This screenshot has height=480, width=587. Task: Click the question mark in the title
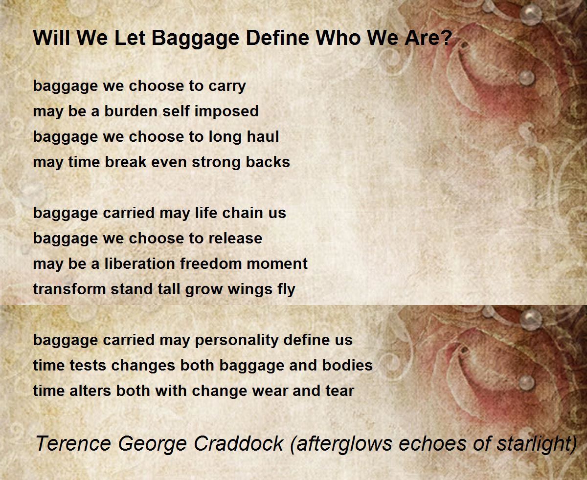point(445,37)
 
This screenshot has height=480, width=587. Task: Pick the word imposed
point(226,112)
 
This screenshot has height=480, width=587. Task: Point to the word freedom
point(211,263)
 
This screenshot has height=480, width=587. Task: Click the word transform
point(69,289)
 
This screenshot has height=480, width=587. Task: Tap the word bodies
point(347,365)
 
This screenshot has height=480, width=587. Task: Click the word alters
point(90,391)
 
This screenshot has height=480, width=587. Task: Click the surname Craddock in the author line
point(239,443)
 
